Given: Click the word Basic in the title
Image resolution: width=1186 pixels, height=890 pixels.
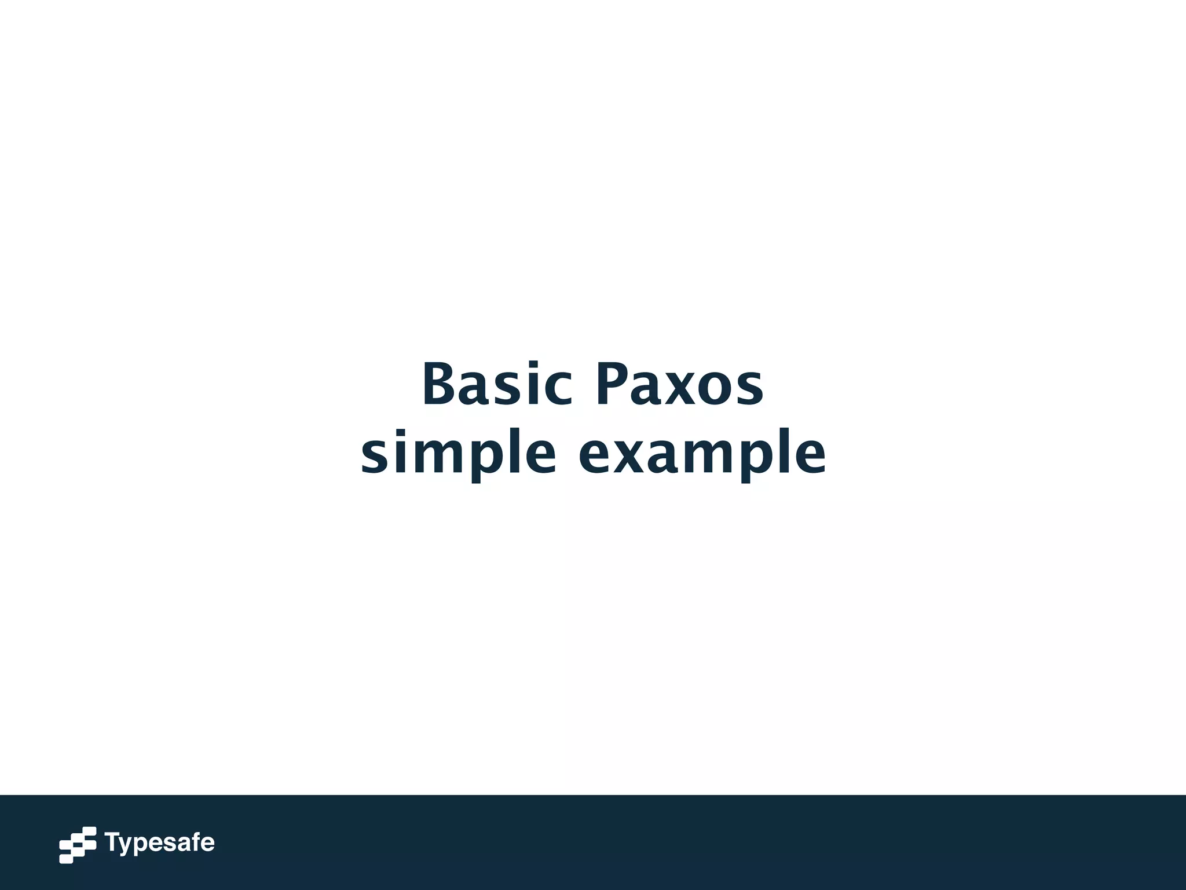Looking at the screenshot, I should point(497,385).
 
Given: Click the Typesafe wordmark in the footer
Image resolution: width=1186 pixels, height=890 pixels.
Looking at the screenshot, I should point(159,843).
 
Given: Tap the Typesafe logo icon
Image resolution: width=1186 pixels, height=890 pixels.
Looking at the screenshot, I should point(78,845).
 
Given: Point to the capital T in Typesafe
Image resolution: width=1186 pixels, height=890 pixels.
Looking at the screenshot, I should point(112,842).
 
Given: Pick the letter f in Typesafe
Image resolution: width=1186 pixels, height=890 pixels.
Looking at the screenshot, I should point(195,842).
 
